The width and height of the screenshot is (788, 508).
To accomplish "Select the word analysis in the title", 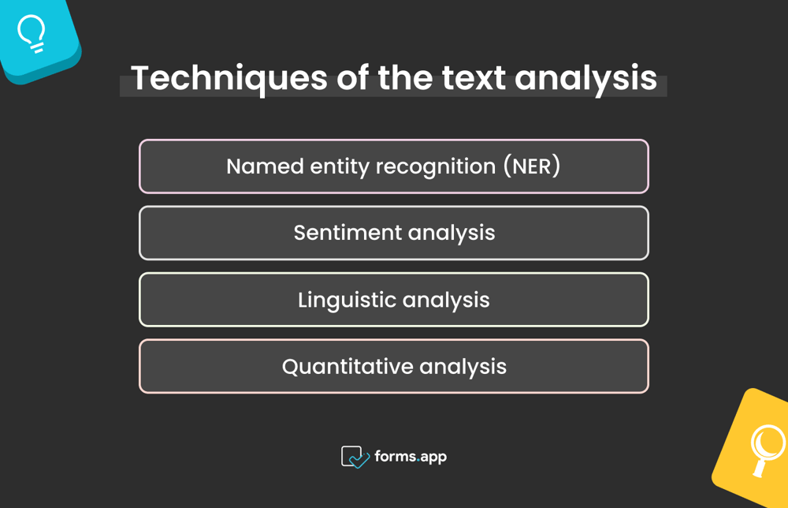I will tap(586, 79).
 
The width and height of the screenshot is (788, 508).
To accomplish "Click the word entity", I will tap(340, 166).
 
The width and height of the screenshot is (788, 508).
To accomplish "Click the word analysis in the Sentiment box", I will tap(452, 233).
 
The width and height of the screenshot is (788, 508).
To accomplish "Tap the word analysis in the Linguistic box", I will tap(446, 300).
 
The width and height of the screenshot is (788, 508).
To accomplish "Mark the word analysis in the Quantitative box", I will tap(463, 367).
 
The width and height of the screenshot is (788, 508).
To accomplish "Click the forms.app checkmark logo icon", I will tap(355, 457).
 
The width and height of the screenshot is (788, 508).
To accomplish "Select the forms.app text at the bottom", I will tap(411, 457).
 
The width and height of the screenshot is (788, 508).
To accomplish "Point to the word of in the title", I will tap(351, 79).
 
